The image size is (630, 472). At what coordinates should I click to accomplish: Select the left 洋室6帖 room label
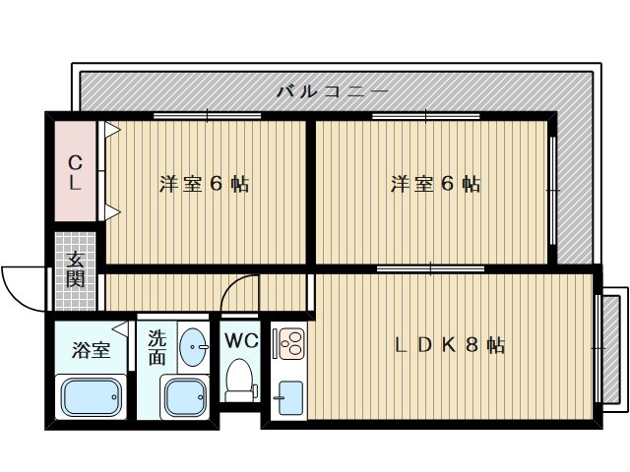click(x=204, y=184)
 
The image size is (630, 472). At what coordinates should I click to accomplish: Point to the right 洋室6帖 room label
click(x=434, y=184)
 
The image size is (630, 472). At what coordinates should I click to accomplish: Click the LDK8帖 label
click(x=450, y=345)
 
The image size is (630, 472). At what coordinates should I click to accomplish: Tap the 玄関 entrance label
click(x=76, y=268)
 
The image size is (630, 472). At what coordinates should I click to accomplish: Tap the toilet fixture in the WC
click(x=238, y=378)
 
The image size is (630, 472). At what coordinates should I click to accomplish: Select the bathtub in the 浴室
click(x=92, y=397)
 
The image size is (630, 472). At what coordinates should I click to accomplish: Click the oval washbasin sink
click(x=193, y=346)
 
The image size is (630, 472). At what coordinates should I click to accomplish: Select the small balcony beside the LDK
click(x=611, y=345)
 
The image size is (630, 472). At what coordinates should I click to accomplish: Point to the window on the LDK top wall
click(x=430, y=267)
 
